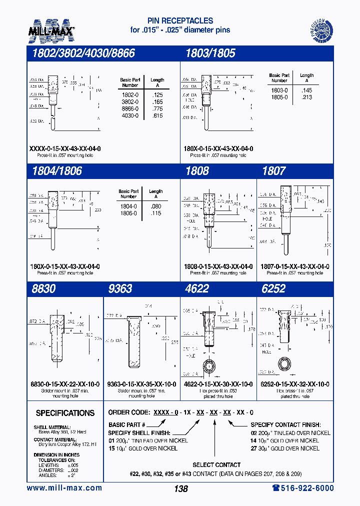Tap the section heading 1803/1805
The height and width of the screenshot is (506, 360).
(210, 53)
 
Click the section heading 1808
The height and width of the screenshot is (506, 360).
(197, 170)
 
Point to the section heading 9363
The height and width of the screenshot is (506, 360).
(120, 288)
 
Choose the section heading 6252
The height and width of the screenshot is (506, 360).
(274, 288)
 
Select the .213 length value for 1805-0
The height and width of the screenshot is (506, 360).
(306, 97)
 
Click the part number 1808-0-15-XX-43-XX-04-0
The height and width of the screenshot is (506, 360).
(218, 267)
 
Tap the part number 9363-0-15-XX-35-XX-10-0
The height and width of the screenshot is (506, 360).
(141, 384)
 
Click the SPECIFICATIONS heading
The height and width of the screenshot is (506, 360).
(65, 413)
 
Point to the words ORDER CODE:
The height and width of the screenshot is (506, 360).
(129, 413)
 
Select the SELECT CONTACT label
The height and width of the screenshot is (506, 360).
(216, 464)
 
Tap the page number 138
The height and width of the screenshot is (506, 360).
(180, 489)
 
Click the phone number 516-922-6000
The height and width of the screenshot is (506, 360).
(302, 488)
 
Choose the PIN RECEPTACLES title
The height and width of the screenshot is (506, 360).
(180, 20)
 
